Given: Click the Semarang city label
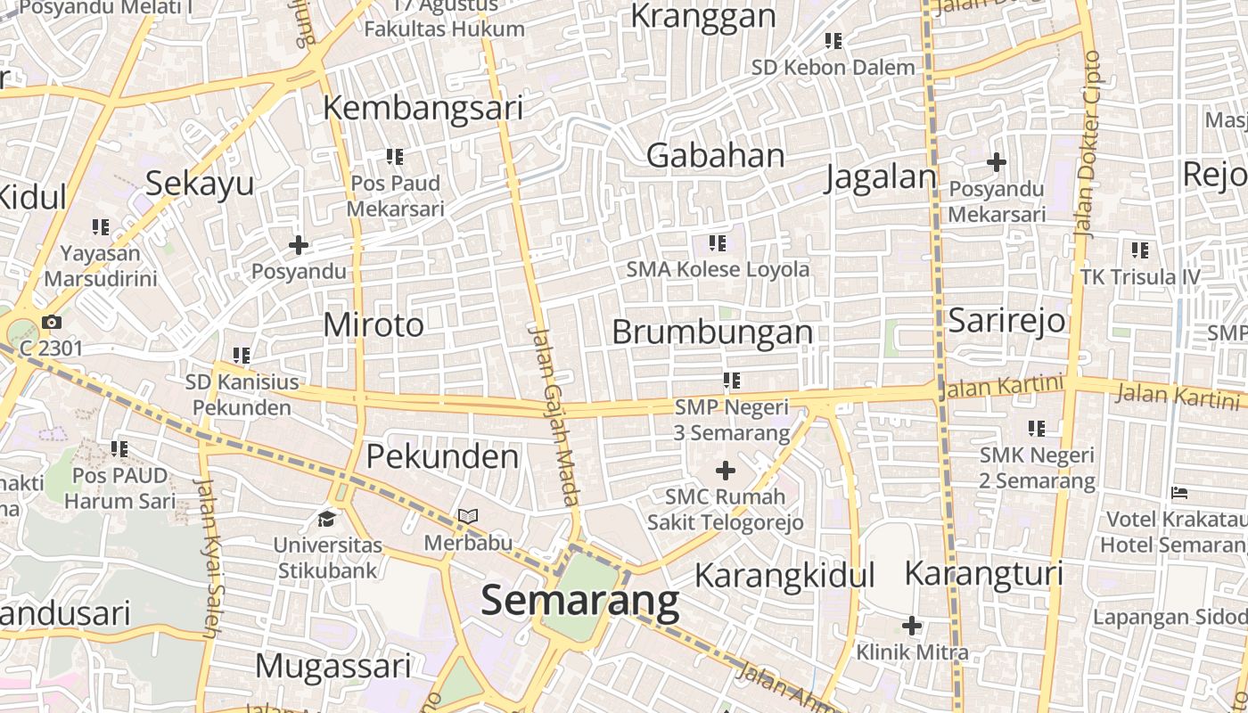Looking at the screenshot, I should (579, 601).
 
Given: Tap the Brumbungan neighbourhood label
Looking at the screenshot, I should (712, 332).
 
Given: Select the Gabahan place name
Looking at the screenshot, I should (715, 155).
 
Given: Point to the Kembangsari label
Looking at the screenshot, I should (423, 107).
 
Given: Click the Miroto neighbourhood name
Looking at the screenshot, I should (374, 324).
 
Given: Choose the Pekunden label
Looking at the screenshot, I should (442, 456).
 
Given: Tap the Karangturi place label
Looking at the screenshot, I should (984, 573).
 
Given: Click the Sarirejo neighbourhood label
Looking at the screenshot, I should (1006, 319).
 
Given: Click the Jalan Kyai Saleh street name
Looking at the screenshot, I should (207, 557).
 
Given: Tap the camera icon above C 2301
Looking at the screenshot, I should (52, 322).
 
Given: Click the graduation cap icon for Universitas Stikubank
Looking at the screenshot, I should (327, 518).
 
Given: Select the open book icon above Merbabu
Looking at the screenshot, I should (468, 516).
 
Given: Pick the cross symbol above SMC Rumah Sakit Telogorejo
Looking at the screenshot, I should (726, 470).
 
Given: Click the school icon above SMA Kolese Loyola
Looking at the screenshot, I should (718, 242).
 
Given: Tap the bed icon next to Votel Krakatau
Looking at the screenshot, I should (1179, 492).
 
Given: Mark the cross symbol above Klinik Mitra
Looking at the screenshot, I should (912, 625).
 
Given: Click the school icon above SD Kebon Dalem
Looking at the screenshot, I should (833, 40).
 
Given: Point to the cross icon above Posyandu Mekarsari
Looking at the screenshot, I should (997, 162).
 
